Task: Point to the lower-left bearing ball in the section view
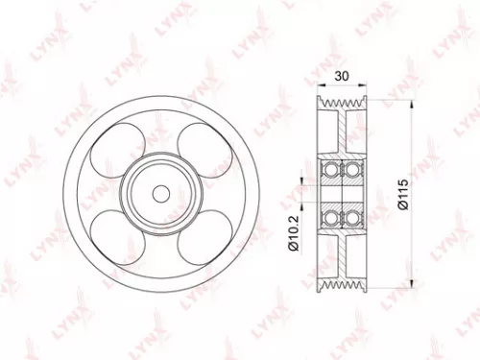(x=332, y=217)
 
